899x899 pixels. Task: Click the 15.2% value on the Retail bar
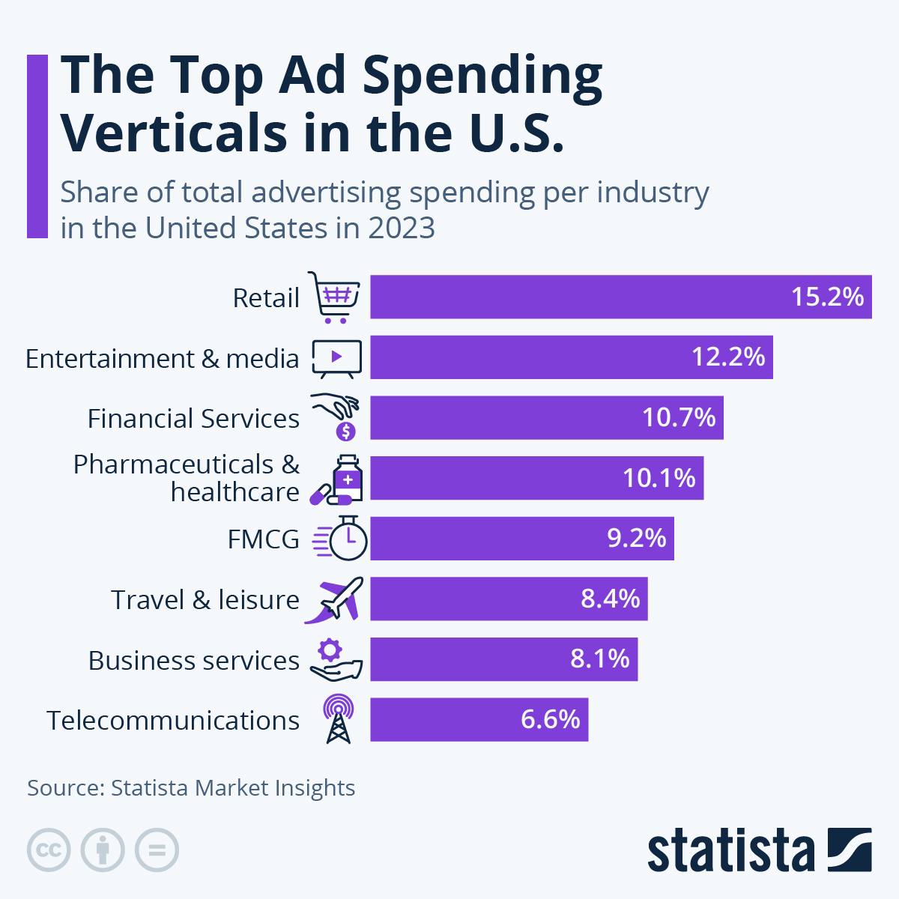pos(827,297)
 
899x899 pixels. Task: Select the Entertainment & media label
pos(163,359)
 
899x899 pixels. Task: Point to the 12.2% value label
pos(728,357)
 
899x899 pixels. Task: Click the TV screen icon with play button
pos(336,357)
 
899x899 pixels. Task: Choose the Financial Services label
pos(193,419)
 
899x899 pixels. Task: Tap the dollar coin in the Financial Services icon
pos(346,431)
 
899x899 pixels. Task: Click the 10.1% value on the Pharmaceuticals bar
pos(659,478)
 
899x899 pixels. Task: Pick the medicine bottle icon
pos(348,477)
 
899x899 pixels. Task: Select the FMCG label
pos(263,539)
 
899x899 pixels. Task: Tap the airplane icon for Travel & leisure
pos(336,599)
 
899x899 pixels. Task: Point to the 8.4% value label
pos(611,599)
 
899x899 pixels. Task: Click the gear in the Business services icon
pos(330,649)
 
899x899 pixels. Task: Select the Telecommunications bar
pos(479,720)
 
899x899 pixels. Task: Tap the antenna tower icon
pos(338,719)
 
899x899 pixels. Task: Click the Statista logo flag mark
pos(850,850)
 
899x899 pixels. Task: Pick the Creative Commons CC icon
pos(49,850)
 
